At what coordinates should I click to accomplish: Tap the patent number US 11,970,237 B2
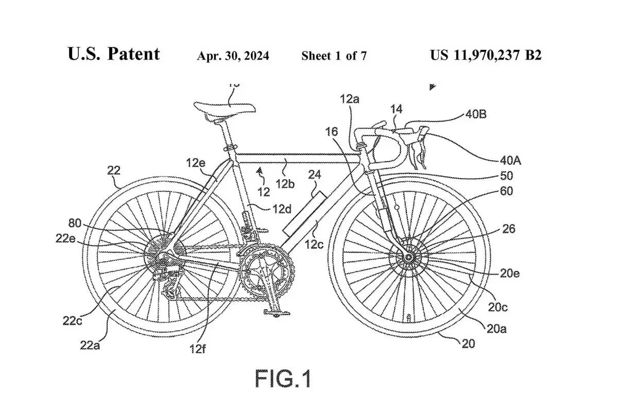point(486,55)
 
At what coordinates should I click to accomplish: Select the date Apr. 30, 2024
point(233,56)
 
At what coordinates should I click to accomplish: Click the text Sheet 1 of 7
point(334,56)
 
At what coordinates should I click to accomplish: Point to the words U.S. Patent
point(114,54)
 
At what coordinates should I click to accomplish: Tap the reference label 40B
point(475,114)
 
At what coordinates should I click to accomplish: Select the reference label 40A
point(510,160)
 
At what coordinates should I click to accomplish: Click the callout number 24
point(314,175)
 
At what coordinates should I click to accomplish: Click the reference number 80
point(75,224)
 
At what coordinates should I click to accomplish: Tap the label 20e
point(509,273)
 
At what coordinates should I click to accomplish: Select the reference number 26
point(508,228)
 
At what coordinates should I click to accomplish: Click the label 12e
point(196,163)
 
